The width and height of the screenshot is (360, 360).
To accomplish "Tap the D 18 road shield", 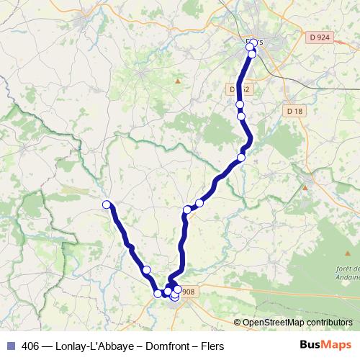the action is (294, 111).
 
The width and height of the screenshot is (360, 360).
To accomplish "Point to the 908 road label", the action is (187, 292).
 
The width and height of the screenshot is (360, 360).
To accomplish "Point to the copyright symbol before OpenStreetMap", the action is (238, 323).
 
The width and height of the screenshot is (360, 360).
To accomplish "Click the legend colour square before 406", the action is (11, 346).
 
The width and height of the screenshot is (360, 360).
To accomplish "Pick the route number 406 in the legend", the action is (31, 346).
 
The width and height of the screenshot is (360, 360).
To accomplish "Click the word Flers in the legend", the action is (212, 346).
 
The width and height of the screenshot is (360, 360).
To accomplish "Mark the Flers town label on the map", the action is (257, 42).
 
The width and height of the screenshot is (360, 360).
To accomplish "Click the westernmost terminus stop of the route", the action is (107, 204).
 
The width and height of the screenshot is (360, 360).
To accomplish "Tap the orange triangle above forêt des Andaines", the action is (305, 187).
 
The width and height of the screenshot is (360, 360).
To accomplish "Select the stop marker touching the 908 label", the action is (178, 289).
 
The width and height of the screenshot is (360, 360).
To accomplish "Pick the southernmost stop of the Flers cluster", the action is (252, 54).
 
